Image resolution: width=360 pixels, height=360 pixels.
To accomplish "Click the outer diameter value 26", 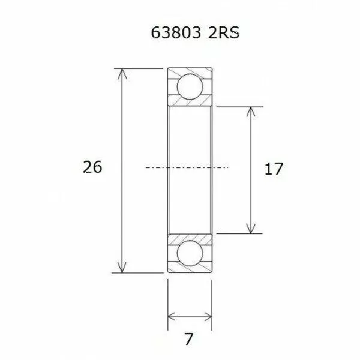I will click(92, 167).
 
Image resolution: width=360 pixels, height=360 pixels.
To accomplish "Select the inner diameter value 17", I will click(273, 169).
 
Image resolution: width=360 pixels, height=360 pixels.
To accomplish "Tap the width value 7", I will click(188, 339).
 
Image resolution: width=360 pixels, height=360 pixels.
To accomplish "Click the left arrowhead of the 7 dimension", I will click(170, 316).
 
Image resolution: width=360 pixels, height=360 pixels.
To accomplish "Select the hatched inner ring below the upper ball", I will click(189, 104).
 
